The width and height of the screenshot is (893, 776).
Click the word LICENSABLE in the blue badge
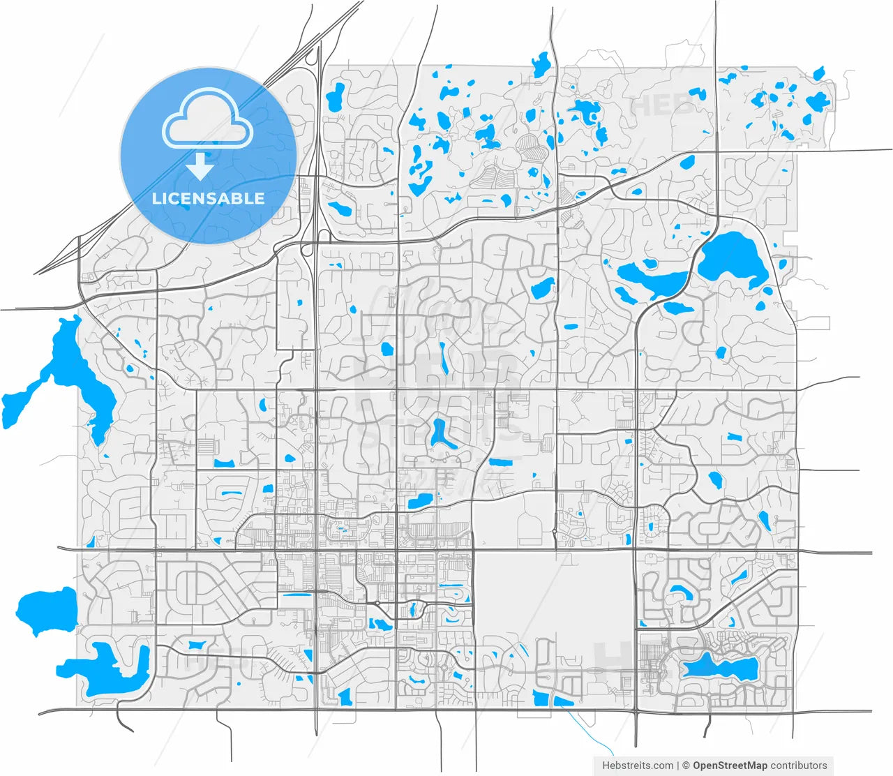[x=209, y=198]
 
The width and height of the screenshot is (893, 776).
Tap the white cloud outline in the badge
[x=207, y=119]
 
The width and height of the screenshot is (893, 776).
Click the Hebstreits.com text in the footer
[x=638, y=766]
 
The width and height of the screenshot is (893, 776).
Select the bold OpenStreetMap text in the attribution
[x=729, y=766]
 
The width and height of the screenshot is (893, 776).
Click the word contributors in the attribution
[x=799, y=766]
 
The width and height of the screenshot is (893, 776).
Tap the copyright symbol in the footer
[x=686, y=766]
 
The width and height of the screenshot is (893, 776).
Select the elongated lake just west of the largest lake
[x=652, y=279]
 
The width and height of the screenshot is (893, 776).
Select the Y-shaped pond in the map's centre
[x=440, y=433]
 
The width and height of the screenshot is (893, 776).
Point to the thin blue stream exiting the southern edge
[x=583, y=726]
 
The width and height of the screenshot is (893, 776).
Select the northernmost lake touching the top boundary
[x=540, y=64]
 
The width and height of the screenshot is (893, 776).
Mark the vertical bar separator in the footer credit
[x=677, y=766]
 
